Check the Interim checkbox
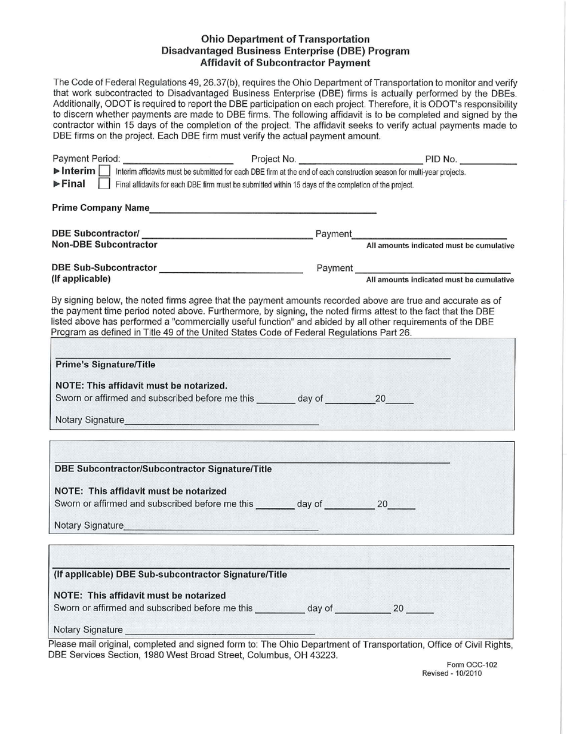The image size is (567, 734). pyautogui.click(x=106, y=172)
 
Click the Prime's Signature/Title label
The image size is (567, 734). pyautogui.click(x=105, y=365)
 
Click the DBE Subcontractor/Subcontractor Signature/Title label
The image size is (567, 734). pyautogui.click(x=163, y=469)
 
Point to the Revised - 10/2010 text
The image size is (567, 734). pyautogui.click(x=452, y=673)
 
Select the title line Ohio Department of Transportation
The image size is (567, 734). pyautogui.click(x=286, y=40)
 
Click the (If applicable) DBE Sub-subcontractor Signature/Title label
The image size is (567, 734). pyautogui.click(x=170, y=575)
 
